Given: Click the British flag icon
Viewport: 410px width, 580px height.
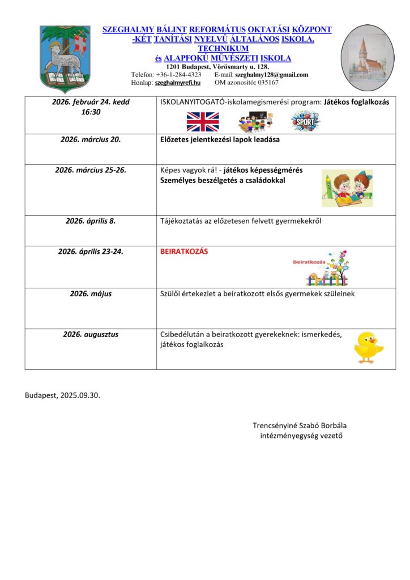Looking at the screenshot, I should tap(202, 121).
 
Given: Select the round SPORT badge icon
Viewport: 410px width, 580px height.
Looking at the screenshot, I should tap(305, 121).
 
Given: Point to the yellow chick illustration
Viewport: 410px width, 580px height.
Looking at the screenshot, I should tap(368, 347).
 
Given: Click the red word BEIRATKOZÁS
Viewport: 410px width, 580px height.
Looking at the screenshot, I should tap(184, 251).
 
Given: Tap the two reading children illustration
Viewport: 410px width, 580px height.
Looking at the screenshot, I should tap(347, 188).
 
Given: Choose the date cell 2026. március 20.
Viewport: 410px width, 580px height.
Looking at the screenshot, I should tap(91, 139).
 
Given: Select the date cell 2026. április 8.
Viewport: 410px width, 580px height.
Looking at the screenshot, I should tap(91, 221).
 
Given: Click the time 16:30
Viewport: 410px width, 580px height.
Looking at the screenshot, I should tap(91, 112).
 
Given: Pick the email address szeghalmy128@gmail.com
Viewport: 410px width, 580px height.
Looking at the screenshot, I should tap(271, 75).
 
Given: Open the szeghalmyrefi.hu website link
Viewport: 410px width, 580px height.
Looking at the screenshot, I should tap(178, 83).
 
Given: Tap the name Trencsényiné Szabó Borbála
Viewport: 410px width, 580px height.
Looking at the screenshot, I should tap(301, 425).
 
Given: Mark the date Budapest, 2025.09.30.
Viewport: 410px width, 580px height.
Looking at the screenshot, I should tap(62, 395).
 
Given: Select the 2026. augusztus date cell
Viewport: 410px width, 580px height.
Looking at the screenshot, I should tap(91, 334).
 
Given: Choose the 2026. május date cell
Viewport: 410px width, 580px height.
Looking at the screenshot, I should tap(91, 293).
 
